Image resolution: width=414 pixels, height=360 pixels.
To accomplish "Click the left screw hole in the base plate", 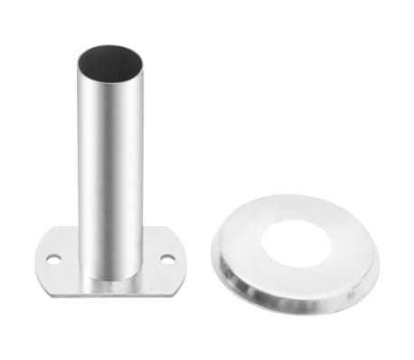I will click(x=54, y=259).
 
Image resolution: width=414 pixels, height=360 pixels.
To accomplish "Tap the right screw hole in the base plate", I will click(x=167, y=259).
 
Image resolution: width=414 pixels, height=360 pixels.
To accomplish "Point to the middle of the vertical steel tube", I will click(x=110, y=163).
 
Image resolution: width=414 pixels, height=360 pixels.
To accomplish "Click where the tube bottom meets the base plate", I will click(x=110, y=277).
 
